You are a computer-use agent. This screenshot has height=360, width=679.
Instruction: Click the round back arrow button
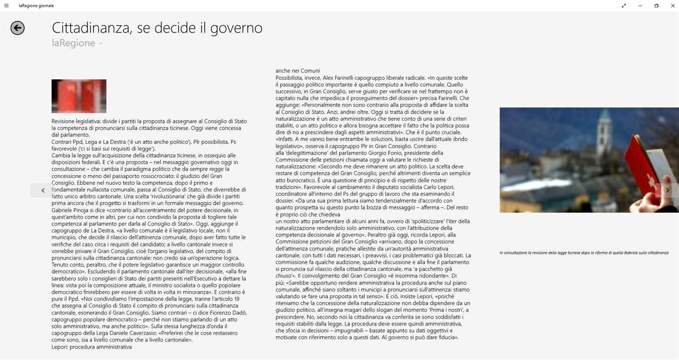17,28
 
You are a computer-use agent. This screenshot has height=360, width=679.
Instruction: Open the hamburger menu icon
6,6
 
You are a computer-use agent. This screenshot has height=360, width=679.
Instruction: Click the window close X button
673,6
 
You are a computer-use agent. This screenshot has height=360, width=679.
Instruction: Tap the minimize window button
640,6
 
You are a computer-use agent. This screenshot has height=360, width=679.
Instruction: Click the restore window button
656,6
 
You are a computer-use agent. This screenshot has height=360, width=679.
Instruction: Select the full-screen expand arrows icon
624,6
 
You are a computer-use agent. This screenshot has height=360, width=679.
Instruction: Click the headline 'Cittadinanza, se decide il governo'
157,28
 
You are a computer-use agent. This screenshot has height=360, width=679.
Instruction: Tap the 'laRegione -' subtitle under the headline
77,43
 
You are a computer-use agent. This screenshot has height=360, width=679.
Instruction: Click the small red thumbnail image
79,96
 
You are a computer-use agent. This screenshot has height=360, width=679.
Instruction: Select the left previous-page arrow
42,190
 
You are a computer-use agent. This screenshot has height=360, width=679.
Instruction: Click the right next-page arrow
667,190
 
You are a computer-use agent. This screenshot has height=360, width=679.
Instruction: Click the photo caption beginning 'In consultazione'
584,253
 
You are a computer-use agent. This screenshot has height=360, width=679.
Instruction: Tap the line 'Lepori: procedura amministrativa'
91,347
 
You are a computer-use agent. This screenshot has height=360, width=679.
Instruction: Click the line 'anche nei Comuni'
298,71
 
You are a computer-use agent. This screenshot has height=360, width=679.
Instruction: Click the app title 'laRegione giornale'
36,6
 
